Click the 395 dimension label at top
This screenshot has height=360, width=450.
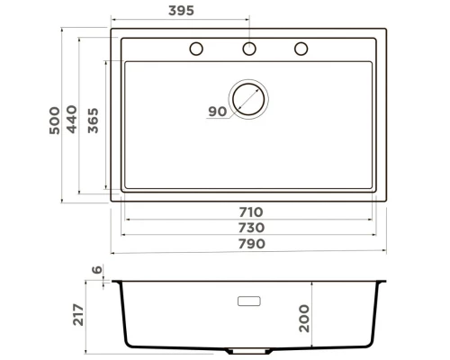183,11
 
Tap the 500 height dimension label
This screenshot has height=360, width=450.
55,120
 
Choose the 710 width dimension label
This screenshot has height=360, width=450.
250,211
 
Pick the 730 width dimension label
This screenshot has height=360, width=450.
250,228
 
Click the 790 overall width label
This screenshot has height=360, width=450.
250,244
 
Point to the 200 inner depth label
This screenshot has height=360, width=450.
303,317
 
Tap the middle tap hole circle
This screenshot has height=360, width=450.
249,49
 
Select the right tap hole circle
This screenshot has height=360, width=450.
301,49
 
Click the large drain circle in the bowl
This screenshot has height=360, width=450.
249,98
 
